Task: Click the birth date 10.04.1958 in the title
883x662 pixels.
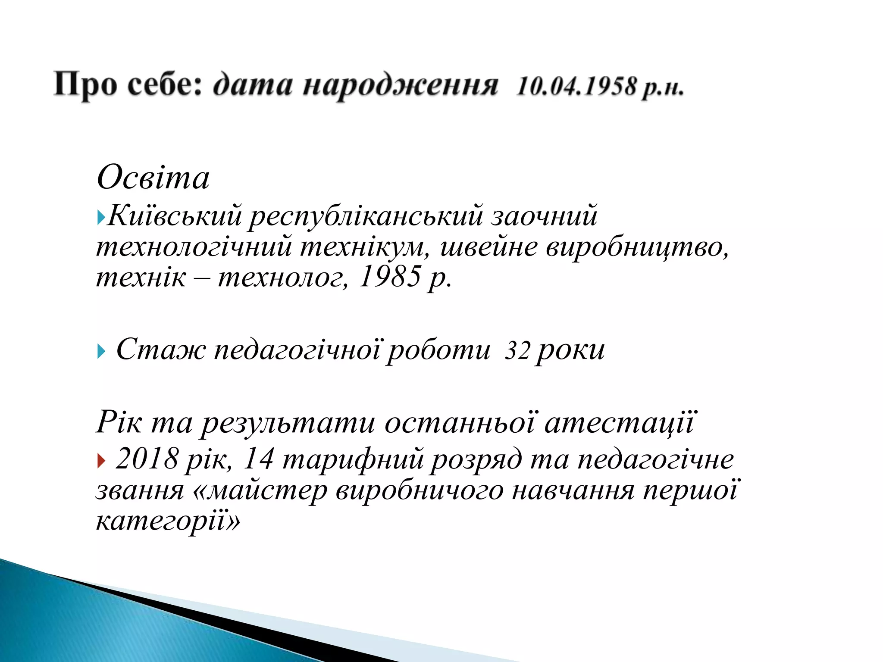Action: coord(576,86)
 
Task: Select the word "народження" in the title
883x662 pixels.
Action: coord(400,86)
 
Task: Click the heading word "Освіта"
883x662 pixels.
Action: coord(153,178)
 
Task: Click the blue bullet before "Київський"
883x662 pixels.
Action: coord(101,217)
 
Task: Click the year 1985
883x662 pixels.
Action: coord(389,277)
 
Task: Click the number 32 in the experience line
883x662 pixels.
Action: coord(517,351)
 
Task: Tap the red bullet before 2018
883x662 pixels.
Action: coord(101,462)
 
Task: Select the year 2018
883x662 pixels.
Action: coord(147,459)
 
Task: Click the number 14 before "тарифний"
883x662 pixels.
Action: coord(259,459)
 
